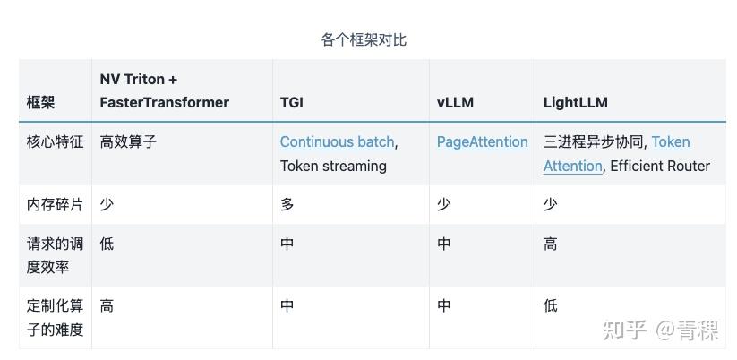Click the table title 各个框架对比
point(364,39)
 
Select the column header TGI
point(291,102)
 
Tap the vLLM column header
point(455,102)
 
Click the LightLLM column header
point(575,102)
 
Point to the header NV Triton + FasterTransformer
point(164,90)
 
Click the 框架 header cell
point(40,102)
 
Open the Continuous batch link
point(337,141)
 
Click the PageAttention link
point(482,141)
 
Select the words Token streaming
point(333,166)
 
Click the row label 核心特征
point(55,141)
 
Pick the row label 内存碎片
point(55,204)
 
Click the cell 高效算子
point(128,141)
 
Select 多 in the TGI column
point(287,204)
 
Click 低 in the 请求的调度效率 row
point(107,244)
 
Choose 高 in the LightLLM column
point(550,244)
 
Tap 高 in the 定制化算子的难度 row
point(107,306)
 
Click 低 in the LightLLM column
point(550,306)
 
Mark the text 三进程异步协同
point(593,141)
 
